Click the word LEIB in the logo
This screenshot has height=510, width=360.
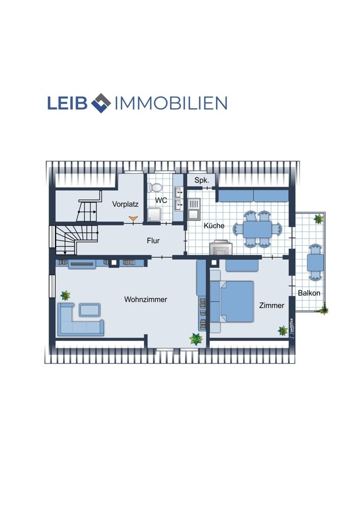pos(67,103)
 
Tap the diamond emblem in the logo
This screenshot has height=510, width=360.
pos(101,103)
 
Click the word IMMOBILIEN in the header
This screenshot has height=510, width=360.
pos(171,103)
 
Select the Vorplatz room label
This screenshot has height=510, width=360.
pos(125,205)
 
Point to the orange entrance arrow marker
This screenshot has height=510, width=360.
pos(133,219)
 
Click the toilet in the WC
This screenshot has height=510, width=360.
pos(155,188)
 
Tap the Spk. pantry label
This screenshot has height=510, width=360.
pos(201,180)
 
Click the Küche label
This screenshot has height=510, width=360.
pos(214,225)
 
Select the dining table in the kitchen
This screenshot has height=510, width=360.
pos(258,229)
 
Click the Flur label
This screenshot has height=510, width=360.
pos(153,241)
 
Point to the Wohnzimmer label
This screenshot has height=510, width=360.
pos(146,299)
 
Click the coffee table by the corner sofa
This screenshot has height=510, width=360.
pos(90,310)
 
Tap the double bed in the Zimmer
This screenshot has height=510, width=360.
pos(232,301)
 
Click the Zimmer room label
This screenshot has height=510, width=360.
pos(272,305)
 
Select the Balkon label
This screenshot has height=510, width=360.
pos(309,293)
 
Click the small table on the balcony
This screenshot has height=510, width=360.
pos(315,263)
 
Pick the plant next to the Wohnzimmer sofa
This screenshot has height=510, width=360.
pos(65,295)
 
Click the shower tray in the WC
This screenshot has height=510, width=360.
pos(154,215)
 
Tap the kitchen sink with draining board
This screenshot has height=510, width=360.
pos(194,210)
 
